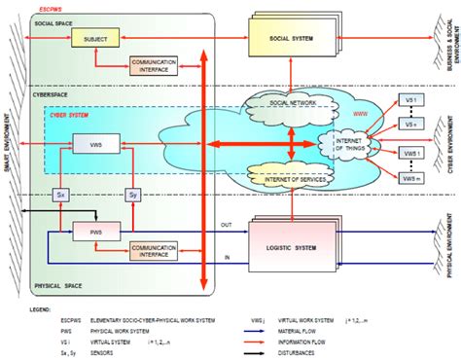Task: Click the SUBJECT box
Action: (94, 39)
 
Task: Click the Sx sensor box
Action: (59, 194)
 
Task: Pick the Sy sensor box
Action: (133, 194)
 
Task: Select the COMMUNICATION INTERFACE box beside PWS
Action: (153, 250)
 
